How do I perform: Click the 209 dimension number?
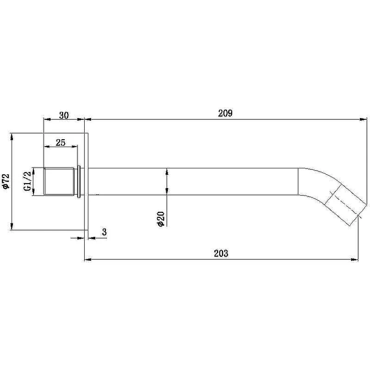coord(225,113)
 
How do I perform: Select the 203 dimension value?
coord(221,253)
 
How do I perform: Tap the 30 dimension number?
coord(64,115)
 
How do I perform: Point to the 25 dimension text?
coord(61,142)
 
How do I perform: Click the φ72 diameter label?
coord(6,181)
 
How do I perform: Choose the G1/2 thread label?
coord(27,181)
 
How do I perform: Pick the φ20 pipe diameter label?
coord(161,219)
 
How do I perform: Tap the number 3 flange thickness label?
coord(105,232)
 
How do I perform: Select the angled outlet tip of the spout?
coord(346,205)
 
